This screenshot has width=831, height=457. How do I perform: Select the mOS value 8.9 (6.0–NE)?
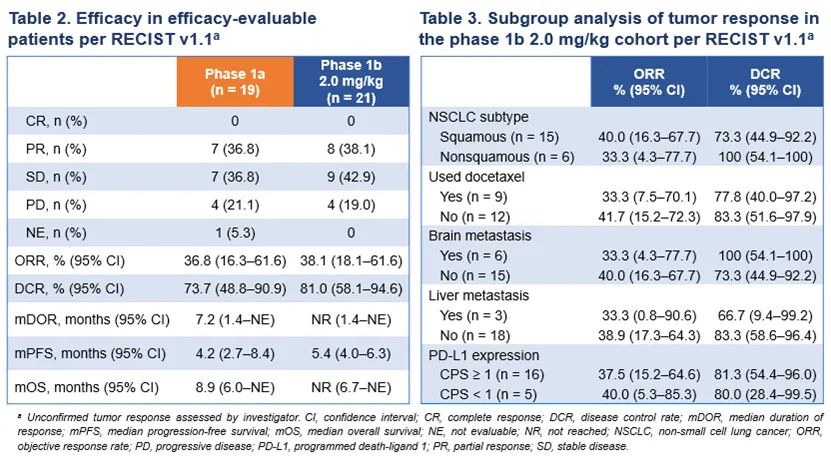point(236,386)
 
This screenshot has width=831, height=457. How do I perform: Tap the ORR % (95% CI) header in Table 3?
point(648,81)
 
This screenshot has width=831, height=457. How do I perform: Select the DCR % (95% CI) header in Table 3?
point(764,81)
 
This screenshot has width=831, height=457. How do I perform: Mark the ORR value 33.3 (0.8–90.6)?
point(648,317)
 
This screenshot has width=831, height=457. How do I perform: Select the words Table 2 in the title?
point(40,18)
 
